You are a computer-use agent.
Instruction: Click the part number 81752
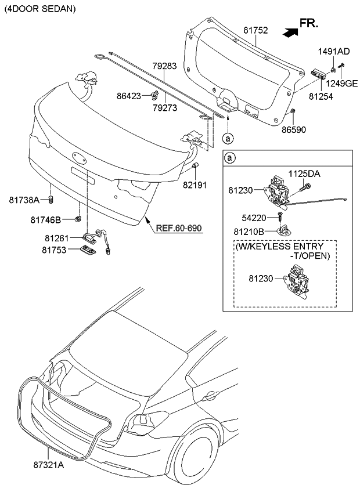click(x=255, y=30)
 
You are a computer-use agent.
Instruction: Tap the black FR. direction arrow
click(x=289, y=32)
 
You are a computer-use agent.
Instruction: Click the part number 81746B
click(x=44, y=219)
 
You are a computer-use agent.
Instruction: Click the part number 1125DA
click(x=305, y=173)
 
